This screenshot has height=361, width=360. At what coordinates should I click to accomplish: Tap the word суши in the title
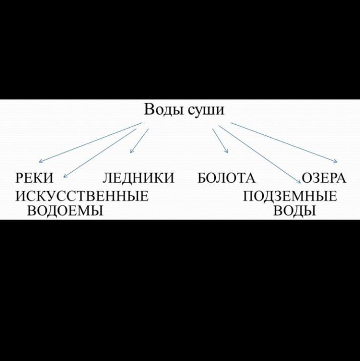(x=205, y=110)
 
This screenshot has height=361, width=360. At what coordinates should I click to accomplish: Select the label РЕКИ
(x=34, y=178)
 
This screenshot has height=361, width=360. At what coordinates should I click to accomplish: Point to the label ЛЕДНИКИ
(x=138, y=178)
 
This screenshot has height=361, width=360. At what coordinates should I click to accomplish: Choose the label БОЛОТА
(x=227, y=178)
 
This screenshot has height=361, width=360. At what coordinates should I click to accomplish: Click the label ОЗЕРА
(x=324, y=178)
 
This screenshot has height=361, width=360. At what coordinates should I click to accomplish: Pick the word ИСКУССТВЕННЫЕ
(x=82, y=196)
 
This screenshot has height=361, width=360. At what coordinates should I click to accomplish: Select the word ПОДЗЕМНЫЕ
(x=290, y=196)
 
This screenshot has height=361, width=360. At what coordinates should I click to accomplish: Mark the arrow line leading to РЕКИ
(x=91, y=142)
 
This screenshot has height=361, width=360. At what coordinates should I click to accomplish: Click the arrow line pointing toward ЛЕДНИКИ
(x=140, y=140)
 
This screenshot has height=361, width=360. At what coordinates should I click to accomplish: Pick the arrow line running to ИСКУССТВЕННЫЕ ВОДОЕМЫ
(x=101, y=152)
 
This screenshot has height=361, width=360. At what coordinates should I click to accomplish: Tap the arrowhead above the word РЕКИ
(x=40, y=162)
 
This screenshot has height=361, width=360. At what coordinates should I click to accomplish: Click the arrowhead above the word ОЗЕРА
(x=335, y=162)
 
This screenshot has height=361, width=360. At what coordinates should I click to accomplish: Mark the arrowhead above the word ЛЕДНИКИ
(x=132, y=151)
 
